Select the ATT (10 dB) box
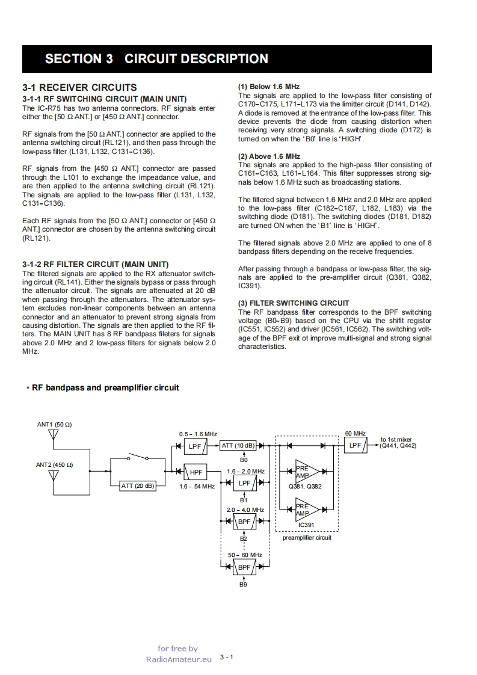point(239,446)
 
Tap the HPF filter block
point(196,473)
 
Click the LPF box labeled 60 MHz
point(355,446)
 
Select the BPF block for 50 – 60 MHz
point(244,567)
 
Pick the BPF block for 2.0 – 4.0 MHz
point(244,522)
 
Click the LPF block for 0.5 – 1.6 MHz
point(195,446)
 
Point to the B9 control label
point(244,584)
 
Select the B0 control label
point(244,460)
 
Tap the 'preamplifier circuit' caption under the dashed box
point(307,537)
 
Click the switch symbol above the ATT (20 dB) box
point(138,457)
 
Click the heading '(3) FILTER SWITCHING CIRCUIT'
point(293,303)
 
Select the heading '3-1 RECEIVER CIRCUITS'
point(79,88)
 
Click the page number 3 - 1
point(227,657)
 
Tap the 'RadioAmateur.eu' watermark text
point(179,659)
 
